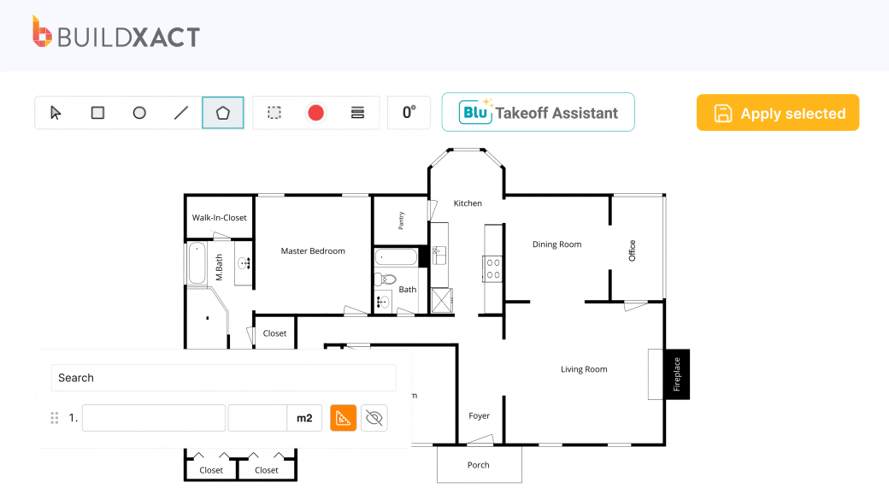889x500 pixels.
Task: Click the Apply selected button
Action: click(777, 113)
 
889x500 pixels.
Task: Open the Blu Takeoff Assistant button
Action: click(538, 112)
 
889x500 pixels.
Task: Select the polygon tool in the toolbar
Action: click(223, 113)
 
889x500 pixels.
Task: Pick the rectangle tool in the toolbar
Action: click(97, 113)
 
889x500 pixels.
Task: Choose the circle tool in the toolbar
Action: click(139, 113)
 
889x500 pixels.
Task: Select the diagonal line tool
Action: click(181, 113)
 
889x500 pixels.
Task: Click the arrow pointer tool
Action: click(56, 113)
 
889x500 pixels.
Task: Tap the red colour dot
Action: click(315, 113)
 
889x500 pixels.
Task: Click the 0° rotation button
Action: click(409, 113)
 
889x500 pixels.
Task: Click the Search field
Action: click(223, 378)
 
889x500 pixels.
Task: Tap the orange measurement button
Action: click(343, 418)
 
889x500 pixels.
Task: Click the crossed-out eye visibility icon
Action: click(374, 418)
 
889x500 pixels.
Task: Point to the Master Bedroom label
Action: click(313, 250)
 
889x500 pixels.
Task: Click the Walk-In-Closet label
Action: click(220, 217)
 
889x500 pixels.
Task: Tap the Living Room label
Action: click(584, 369)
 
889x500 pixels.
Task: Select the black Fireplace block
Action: click(677, 374)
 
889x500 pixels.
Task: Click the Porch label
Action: click(479, 465)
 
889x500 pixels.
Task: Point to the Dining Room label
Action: click(556, 244)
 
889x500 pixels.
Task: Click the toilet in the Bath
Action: click(386, 279)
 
